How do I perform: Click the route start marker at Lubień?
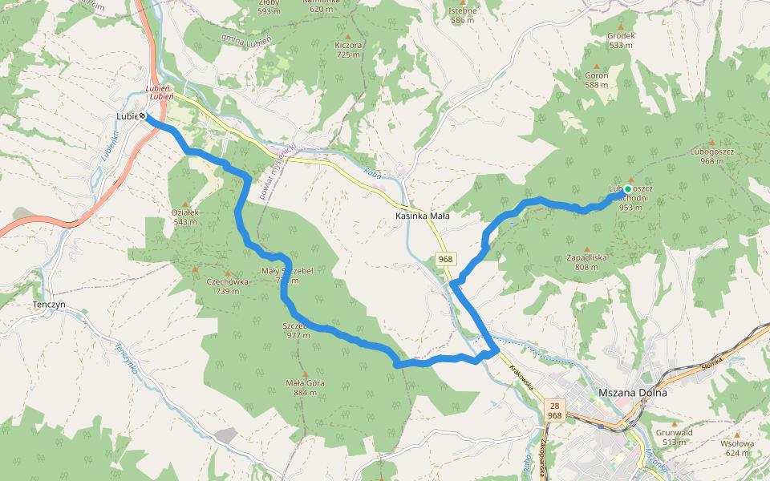click(x=142, y=116)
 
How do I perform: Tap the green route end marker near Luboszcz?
click(x=627, y=189)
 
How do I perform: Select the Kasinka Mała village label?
click(x=422, y=216)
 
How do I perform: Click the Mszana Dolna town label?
click(x=633, y=393)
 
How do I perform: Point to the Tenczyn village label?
click(x=49, y=305)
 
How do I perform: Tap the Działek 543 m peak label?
click(x=184, y=216)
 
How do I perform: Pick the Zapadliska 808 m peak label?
click(x=586, y=262)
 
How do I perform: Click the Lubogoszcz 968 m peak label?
click(x=711, y=156)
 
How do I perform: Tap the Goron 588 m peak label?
click(x=596, y=79)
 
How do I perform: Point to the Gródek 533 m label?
click(x=621, y=40)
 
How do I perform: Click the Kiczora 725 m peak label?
click(x=348, y=50)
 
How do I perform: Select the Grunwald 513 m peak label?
click(x=674, y=437)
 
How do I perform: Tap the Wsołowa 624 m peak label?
click(x=738, y=447)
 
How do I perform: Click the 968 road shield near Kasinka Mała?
click(x=446, y=259)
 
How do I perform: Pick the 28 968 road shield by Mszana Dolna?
click(x=554, y=410)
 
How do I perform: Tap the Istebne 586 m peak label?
click(x=463, y=15)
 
